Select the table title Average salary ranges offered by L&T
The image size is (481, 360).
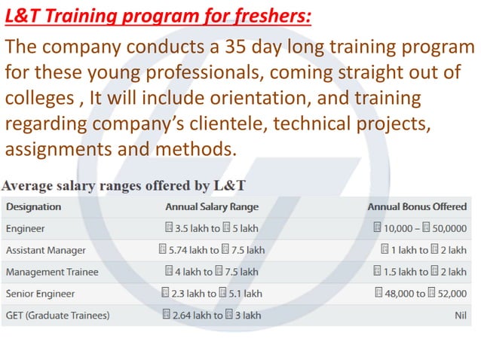(124, 185)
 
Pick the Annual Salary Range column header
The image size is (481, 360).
(212, 206)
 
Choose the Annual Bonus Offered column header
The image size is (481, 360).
(417, 206)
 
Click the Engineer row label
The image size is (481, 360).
(26, 228)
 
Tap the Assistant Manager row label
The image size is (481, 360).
(46, 250)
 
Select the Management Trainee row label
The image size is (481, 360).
(52, 272)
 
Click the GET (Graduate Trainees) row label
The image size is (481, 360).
(57, 316)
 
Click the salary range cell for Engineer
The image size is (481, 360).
(211, 228)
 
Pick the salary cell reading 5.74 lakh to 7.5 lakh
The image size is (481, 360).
(212, 250)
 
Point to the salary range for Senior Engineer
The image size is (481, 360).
(212, 294)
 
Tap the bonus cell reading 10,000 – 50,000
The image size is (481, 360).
(420, 228)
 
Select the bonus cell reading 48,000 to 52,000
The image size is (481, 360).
(420, 294)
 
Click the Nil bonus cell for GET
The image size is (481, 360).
(460, 316)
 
